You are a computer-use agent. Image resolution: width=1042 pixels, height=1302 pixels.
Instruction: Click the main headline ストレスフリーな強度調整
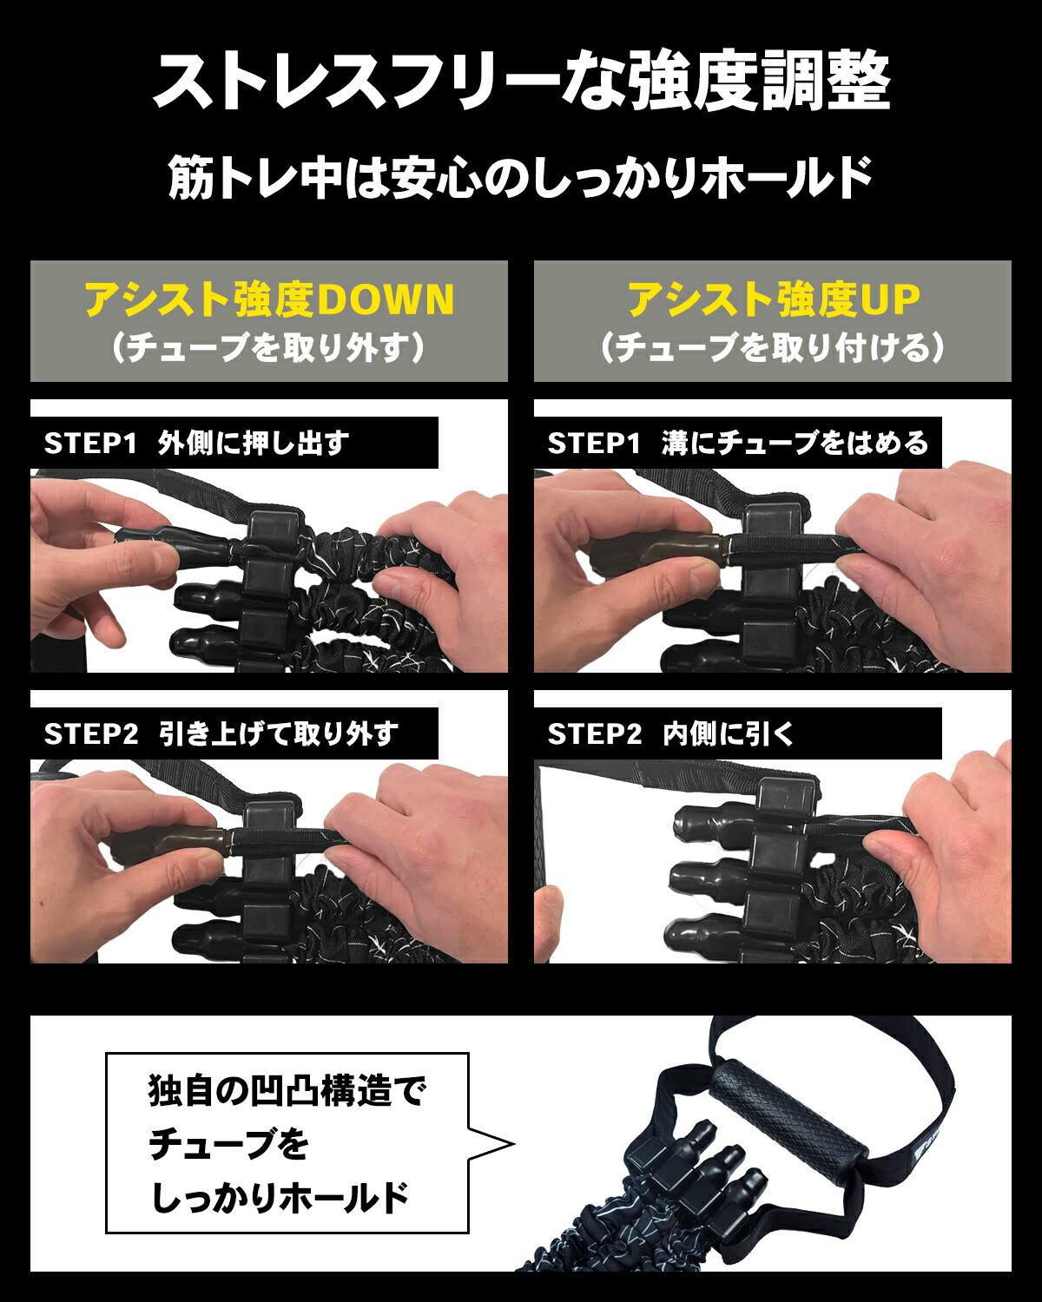click(521, 82)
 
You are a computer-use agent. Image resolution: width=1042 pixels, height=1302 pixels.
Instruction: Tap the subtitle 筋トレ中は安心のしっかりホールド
click(521, 177)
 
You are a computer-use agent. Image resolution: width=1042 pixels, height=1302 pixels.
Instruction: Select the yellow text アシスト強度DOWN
click(269, 299)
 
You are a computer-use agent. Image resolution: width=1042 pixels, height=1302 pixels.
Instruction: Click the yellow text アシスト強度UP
click(773, 299)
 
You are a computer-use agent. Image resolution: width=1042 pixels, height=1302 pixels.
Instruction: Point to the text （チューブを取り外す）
click(269, 348)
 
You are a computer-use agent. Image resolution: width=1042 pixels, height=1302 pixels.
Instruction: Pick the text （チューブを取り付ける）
click(773, 348)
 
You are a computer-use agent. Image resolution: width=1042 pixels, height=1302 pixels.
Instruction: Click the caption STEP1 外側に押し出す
click(196, 444)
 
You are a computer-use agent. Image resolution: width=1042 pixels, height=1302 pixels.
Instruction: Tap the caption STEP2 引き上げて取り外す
click(221, 734)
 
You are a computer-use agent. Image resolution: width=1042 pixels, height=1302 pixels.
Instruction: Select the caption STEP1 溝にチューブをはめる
click(738, 444)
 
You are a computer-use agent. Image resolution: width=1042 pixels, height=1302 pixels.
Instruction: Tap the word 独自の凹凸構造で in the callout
click(287, 1091)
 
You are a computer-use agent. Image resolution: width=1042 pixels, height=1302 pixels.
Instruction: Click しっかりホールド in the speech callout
click(280, 1198)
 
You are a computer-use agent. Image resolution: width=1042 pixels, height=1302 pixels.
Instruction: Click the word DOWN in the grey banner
click(386, 299)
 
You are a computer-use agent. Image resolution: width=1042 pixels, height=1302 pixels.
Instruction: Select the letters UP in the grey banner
click(889, 299)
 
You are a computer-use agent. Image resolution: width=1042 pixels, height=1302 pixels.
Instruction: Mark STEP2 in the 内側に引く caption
click(594, 734)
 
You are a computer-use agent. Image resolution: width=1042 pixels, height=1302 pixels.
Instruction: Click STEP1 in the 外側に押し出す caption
click(90, 444)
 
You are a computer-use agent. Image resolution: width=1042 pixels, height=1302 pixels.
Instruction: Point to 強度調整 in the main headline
click(760, 82)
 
